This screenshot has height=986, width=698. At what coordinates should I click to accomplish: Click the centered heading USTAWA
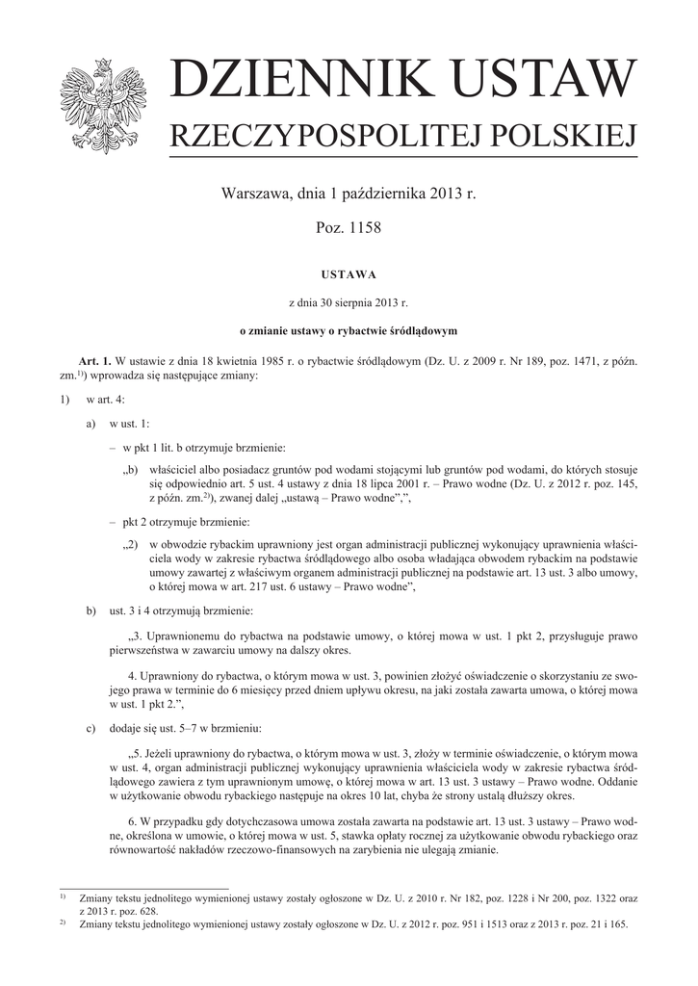[x=349, y=274]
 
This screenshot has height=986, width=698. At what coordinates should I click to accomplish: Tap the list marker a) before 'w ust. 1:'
[x=90, y=423]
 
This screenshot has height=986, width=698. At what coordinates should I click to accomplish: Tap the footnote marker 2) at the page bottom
[x=63, y=922]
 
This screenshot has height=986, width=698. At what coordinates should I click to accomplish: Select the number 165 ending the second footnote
[x=616, y=924]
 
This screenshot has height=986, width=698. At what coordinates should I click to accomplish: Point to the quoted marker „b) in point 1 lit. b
[x=132, y=471]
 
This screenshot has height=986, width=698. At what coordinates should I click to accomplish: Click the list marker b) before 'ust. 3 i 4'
[x=90, y=610]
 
